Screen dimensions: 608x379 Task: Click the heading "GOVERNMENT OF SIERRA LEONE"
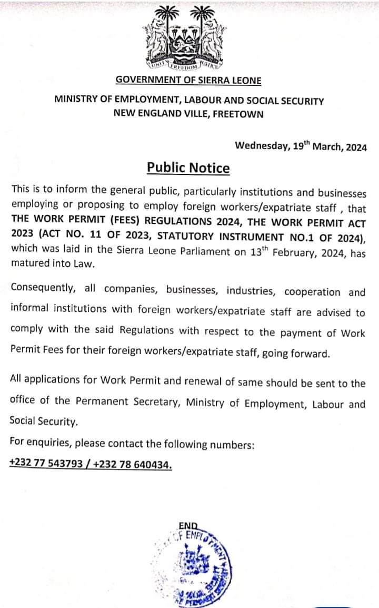pyautogui.click(x=188, y=81)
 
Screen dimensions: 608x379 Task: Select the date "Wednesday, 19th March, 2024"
pyautogui.click(x=301, y=146)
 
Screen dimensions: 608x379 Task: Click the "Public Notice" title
pyautogui.click(x=188, y=168)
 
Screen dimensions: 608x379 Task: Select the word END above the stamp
pyautogui.click(x=188, y=525)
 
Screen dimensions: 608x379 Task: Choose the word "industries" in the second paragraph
pyautogui.click(x=248, y=290)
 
